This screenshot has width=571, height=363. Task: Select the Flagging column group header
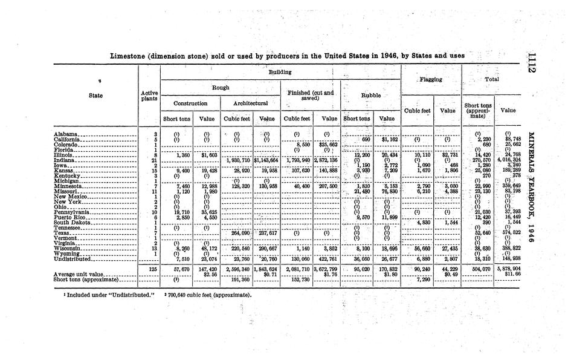[431, 79]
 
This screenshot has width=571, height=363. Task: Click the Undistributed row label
[72, 258]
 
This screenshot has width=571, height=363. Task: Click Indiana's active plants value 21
[155, 159]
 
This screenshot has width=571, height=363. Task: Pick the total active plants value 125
[153, 269]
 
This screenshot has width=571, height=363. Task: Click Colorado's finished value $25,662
[329, 144]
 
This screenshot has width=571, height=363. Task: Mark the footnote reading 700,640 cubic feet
[209, 295]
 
